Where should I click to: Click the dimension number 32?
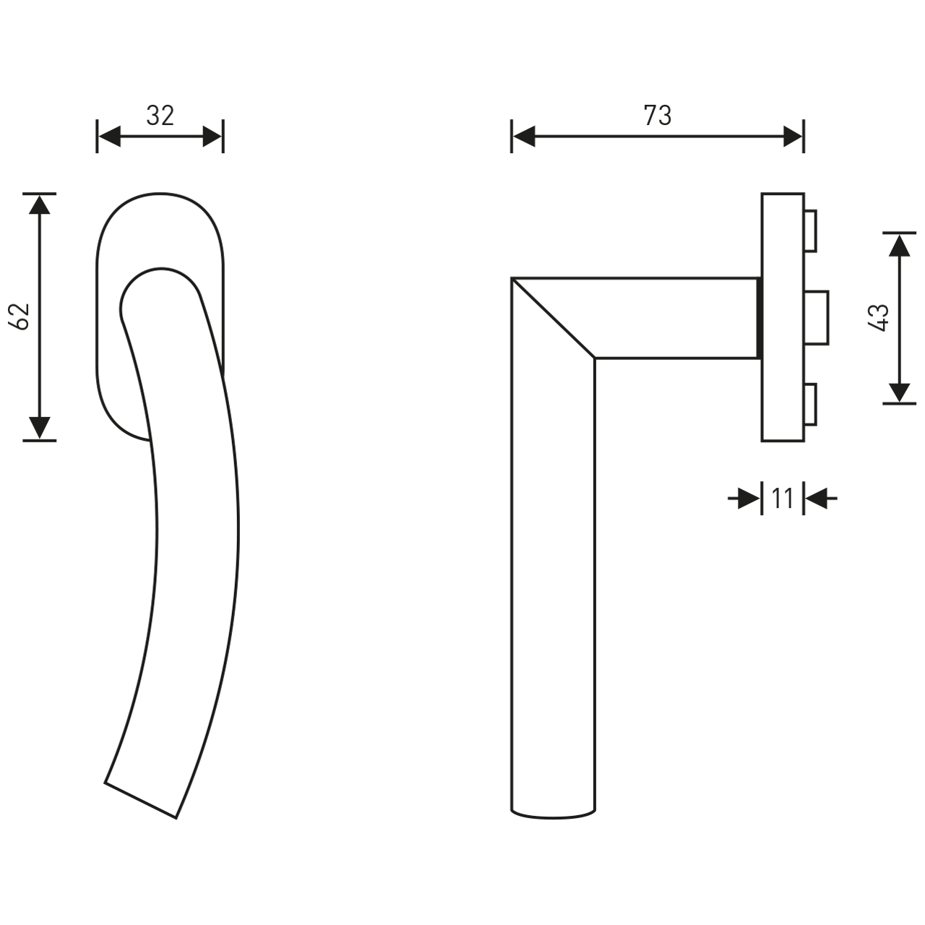click(160, 116)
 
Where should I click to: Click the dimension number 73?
click(657, 116)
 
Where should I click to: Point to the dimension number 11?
click(783, 498)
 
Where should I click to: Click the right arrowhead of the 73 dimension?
click(793, 136)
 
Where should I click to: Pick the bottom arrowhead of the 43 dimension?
click(899, 392)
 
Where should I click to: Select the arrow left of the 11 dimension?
click(746, 498)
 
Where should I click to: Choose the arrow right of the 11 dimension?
click(819, 498)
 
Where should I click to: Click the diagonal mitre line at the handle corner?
click(553, 318)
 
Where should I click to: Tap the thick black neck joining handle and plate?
click(759, 318)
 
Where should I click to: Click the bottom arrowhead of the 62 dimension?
click(40, 428)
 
